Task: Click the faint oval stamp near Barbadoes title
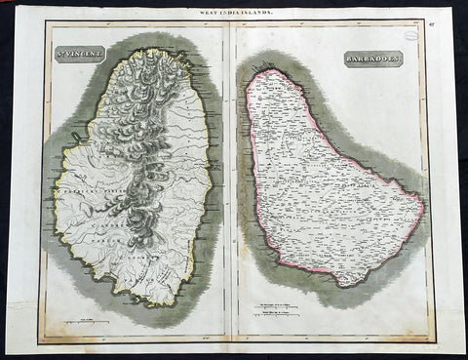coord(413,34)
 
